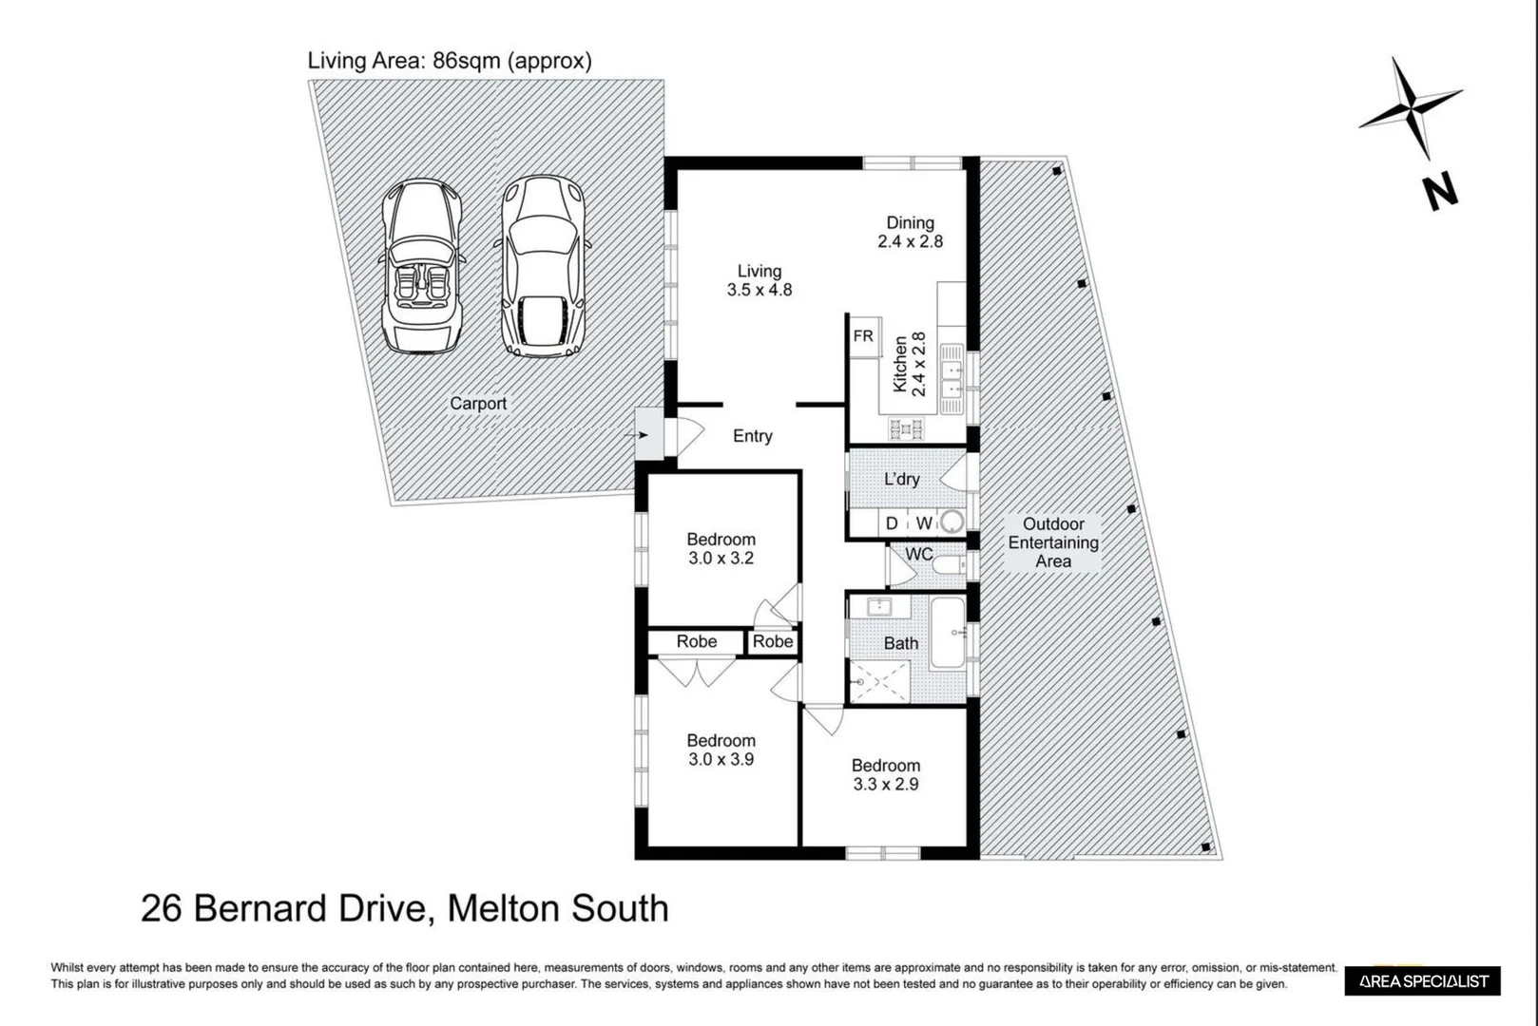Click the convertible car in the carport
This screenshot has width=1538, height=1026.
422,267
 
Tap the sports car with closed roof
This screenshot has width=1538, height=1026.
543,267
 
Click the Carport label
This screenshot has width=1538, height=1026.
477,404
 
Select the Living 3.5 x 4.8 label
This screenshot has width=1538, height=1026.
759,281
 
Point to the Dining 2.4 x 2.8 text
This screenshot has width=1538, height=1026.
910,233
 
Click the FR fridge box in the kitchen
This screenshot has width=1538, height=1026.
863,337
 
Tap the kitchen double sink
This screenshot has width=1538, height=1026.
951,376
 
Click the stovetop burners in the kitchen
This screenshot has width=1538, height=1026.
906,429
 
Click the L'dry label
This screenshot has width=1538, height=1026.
901,480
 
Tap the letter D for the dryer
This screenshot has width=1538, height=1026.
892,523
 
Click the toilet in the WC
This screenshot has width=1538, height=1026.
947,566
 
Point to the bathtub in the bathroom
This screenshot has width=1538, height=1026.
948,633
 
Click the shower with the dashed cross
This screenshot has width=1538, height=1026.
879,682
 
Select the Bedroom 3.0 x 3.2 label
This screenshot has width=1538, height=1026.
721,549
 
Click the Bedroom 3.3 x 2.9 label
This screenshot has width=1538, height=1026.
885,775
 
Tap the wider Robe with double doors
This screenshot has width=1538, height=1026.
696,642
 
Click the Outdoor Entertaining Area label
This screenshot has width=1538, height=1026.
1052,543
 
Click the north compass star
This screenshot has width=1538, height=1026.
1410,107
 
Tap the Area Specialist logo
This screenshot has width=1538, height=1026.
1422,981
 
